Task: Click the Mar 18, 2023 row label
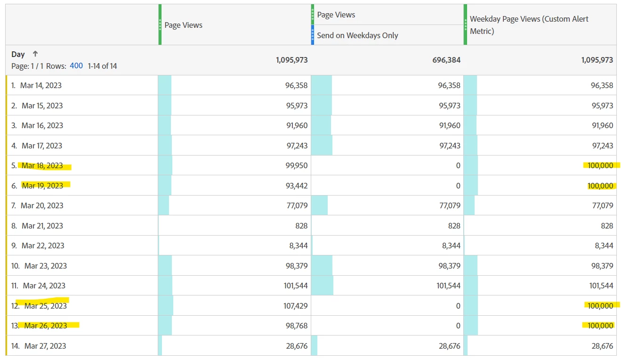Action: coord(42,165)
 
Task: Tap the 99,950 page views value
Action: coord(297,165)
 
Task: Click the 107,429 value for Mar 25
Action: coord(296,306)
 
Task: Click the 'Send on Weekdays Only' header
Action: coord(357,35)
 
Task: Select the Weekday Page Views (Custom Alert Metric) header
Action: coord(529,25)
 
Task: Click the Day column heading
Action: coord(18,54)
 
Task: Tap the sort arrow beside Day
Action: coord(35,54)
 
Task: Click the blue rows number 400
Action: coord(76,66)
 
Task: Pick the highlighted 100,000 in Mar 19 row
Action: coord(600,186)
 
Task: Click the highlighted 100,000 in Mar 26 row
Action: coord(600,326)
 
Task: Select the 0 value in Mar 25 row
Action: coord(458,306)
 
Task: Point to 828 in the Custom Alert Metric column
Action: coord(607,226)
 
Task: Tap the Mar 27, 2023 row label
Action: coord(45,346)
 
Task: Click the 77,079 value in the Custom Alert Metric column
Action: coord(602,205)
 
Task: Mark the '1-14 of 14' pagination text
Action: coord(102,66)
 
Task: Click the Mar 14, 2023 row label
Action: coord(41,85)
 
